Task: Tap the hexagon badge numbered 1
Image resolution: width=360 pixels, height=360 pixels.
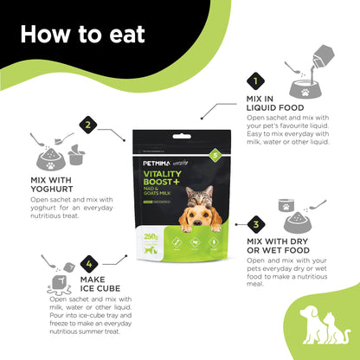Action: pyautogui.click(x=254, y=82)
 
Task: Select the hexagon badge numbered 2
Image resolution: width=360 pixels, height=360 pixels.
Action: pyautogui.click(x=87, y=125)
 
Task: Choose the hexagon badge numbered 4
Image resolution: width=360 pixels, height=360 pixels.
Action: pyautogui.click(x=87, y=262)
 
